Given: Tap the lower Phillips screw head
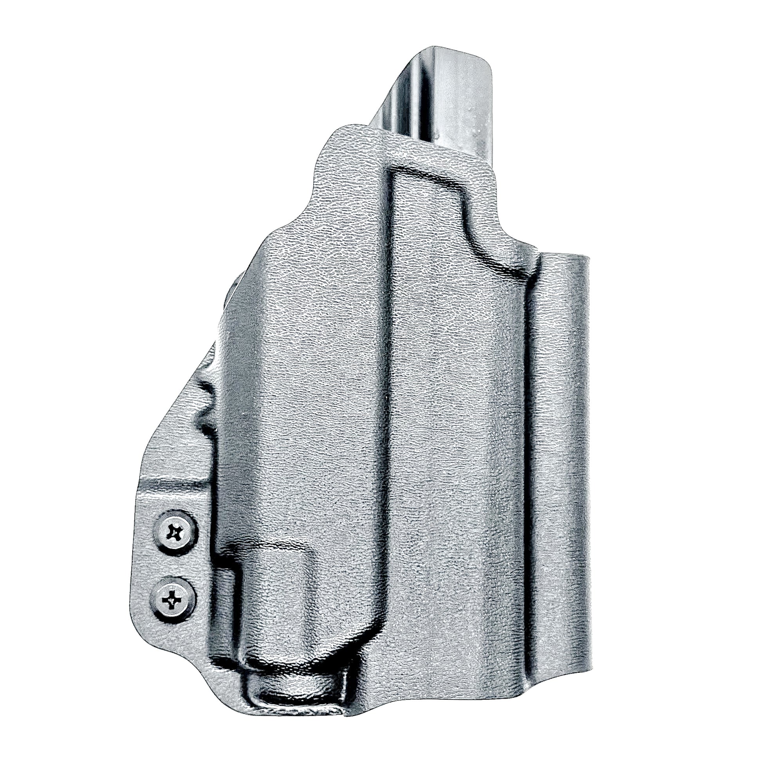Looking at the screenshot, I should point(172,600).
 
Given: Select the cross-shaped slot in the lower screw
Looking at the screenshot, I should point(172,600).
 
